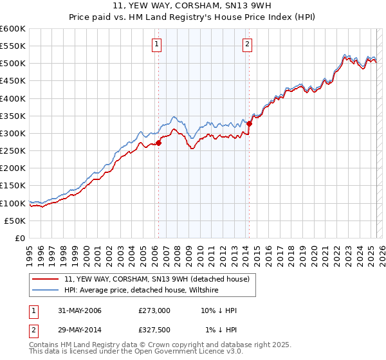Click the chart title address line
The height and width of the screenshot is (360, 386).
pos(192,8)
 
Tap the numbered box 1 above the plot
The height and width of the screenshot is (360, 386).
pos(158,44)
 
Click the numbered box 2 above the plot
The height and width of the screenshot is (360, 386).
pos(248,44)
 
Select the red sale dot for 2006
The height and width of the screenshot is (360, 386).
pos(159,143)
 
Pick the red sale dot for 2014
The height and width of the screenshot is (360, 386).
pos(250,124)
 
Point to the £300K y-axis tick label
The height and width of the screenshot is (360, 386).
pos(13,133)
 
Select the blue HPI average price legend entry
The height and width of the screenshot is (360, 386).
pos(142,291)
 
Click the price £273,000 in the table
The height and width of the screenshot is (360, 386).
pos(154,310)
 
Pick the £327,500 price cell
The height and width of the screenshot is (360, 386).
pos(154,330)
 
